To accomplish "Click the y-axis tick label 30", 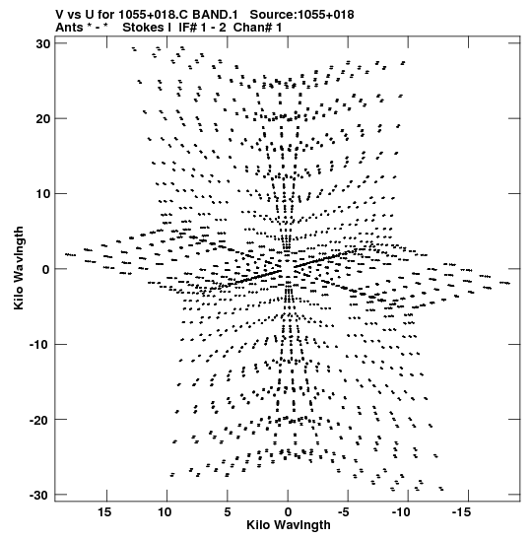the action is (x=43, y=44).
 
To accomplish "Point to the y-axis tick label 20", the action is (x=43, y=119).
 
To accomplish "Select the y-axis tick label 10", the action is (x=43, y=194).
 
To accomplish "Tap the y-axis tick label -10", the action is (x=40, y=345).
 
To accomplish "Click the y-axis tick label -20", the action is (x=40, y=420).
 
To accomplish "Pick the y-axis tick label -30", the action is (x=40, y=495).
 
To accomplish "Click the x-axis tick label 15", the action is (x=104, y=512).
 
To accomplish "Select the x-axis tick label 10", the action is (x=165, y=512).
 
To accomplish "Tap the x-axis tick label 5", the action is (x=228, y=512).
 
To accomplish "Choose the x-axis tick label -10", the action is (x=401, y=512).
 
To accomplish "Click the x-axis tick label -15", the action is (x=461, y=512).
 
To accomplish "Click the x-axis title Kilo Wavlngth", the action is (x=289, y=525).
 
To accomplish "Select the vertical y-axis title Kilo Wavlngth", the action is (x=19, y=268).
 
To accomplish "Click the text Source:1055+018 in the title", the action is (x=301, y=15).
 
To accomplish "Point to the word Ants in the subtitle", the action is (x=69, y=28).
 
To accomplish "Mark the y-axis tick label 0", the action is (x=46, y=270).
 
